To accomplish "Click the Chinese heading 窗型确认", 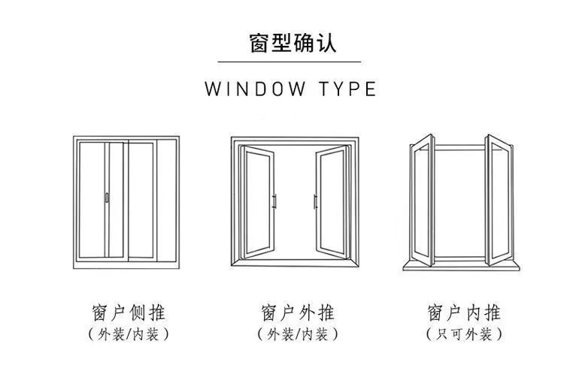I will [293, 43].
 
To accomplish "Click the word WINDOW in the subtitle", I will [256, 89].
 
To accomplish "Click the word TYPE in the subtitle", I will [348, 89].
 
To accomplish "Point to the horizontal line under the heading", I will [290, 62].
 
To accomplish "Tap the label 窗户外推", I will [297, 312].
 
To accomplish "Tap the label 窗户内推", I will [463, 312].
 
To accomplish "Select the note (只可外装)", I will [463, 334].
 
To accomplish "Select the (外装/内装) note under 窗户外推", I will [297, 334].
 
